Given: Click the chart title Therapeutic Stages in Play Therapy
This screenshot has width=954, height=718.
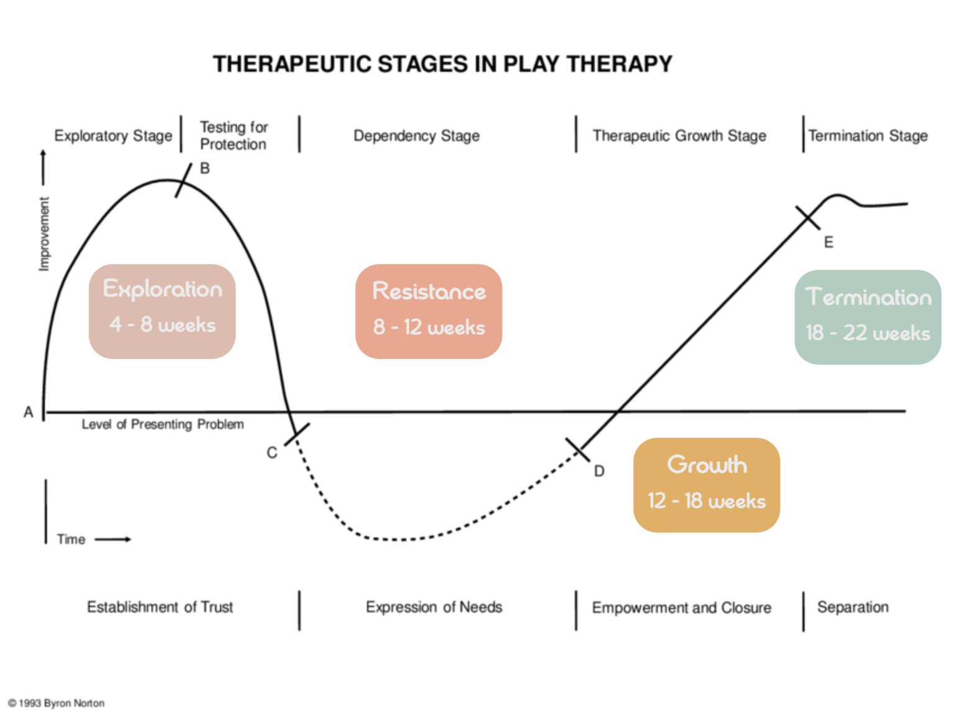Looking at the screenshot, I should coord(442,64).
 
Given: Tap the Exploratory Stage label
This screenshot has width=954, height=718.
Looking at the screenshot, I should coord(113,135).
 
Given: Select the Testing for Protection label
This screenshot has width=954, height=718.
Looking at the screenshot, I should coord(234,135).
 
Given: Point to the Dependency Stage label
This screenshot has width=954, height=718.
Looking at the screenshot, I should coord(416,135).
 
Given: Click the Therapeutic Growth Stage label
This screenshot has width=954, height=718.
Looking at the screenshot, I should coord(679,135).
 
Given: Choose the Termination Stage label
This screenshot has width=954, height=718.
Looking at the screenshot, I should coord(868,135).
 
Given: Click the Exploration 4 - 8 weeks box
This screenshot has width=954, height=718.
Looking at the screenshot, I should coord(162,311).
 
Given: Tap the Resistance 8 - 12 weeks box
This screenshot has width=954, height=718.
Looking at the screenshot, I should coord(429,311).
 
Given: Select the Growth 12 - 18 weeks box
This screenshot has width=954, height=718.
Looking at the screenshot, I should coord(706,484).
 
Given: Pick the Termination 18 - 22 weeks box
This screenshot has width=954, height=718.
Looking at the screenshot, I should coord(868,317).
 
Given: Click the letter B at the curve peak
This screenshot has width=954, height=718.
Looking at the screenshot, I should coord(205,168).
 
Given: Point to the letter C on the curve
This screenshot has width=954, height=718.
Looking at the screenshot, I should coord(272,453).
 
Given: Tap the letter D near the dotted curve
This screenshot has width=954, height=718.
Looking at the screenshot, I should coord(599,471).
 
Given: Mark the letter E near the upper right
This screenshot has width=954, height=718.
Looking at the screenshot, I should coord(829,242).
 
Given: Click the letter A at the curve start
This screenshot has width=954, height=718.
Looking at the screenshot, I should coord(29,412).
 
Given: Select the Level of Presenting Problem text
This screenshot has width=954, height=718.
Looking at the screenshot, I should coord(163,424).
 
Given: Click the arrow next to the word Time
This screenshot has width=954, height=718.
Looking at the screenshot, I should coord(113,539).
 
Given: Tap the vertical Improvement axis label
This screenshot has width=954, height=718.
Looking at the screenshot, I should coord(43,234).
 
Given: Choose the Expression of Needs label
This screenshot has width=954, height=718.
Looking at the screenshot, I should coord(434,607).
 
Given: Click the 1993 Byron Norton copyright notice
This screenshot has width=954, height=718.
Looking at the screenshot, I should coord(57,703).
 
